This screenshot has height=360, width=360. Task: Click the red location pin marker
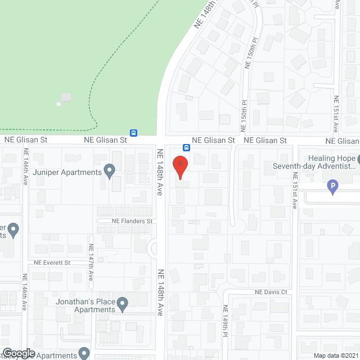point(179,166)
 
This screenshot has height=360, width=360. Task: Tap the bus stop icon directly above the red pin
point(186,148)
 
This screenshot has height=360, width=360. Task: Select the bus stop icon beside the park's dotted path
point(134,133)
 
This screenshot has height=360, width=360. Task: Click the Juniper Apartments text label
point(67,172)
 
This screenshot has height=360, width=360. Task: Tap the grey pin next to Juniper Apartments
point(110,169)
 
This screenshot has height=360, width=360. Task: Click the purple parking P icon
point(332,186)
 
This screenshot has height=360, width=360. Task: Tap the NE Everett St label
point(51,263)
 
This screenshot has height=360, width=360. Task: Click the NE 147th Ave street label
point(91,263)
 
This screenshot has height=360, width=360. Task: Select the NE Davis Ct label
point(271,292)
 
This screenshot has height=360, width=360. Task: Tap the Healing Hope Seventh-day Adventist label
point(314,162)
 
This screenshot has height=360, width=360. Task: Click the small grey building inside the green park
point(66,97)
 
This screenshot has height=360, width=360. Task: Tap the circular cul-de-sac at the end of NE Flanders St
point(153,247)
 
